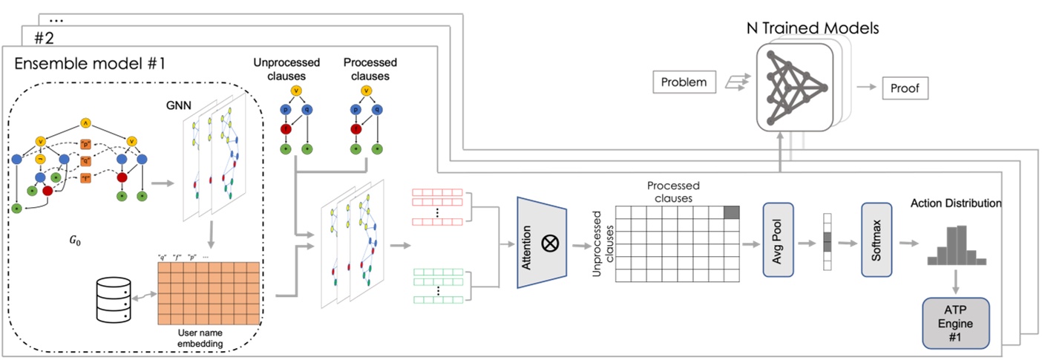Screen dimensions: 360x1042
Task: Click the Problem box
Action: coord(683,82)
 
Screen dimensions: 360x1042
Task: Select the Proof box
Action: coord(904,88)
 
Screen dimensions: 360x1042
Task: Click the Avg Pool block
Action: coord(779,240)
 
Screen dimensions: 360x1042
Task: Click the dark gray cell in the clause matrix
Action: coord(732,212)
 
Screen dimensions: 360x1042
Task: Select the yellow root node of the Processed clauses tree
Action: coord(365,91)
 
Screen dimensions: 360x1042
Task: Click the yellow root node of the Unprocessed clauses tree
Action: coord(296,91)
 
